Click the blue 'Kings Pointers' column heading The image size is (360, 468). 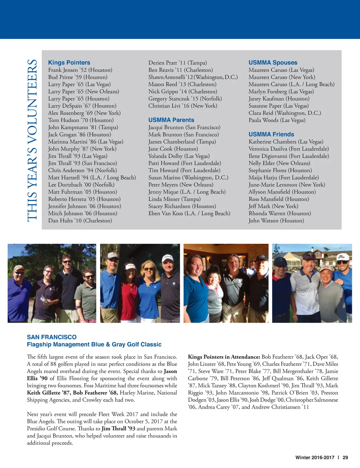point(69,63)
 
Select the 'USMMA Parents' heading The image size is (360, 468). point(171,120)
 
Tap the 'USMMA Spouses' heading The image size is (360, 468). point(273,63)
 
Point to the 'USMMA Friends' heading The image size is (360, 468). point(271,134)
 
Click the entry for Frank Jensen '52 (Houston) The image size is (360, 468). point(80,70)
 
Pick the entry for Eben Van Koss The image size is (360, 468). point(189,213)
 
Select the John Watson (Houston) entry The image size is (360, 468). point(276,221)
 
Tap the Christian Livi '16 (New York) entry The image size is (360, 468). point(182,106)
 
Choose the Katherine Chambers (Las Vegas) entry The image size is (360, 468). point(285,141)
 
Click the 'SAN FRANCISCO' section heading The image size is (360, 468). point(52,337)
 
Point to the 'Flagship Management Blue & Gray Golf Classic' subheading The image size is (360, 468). point(94,344)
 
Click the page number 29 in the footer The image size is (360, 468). point(345,457)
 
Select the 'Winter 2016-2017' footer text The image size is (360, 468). point(315,457)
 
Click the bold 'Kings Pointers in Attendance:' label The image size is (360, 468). point(224,357)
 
